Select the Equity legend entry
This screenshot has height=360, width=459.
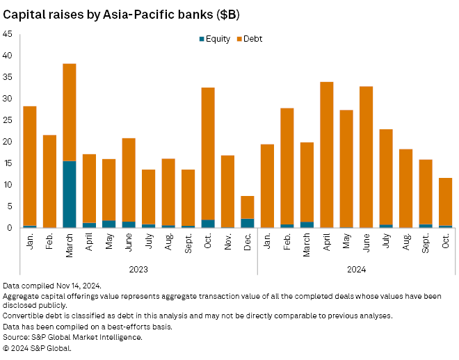coord(216,39)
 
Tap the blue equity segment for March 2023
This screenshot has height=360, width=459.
coord(69,194)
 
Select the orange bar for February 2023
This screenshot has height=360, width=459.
coord(49,181)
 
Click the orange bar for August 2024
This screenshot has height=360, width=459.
coord(405,188)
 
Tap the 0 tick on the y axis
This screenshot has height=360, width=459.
coord(9,227)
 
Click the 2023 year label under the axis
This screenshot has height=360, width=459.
coord(138,268)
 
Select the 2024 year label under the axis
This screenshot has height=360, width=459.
coord(356,268)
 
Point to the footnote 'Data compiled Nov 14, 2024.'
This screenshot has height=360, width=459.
coord(53,286)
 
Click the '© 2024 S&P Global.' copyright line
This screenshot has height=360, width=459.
coord(37,347)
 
